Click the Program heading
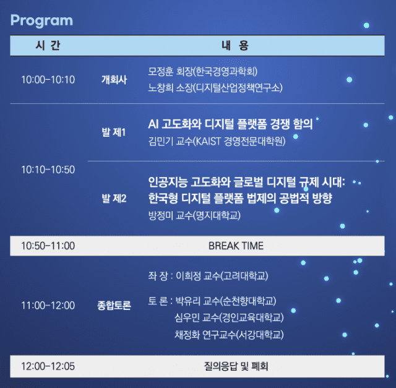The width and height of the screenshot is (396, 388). tap(41, 20)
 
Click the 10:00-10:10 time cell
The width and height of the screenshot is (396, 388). tap(48, 79)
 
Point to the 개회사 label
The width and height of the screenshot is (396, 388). tap(114, 79)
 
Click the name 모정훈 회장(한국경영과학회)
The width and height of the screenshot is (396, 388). tap(204, 71)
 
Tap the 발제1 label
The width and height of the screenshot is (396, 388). tap(114, 132)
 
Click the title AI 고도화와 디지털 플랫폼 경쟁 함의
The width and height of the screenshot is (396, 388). tap(230, 123)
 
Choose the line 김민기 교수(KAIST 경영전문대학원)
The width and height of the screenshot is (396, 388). tap(217, 141)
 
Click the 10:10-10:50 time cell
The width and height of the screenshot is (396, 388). tap(48, 170)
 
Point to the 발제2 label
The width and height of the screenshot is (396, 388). tap(114, 199)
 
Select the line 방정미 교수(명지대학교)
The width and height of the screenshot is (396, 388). tap(194, 216)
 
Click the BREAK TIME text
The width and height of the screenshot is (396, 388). tap(236, 246)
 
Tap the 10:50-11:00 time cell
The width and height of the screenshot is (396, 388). tap(48, 246)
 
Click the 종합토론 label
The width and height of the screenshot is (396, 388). tap(114, 305)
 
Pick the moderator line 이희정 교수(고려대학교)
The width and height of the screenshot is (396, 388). tap(222, 275)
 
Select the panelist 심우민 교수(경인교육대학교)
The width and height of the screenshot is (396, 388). tap(229, 318)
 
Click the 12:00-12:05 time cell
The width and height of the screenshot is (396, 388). tap(48, 366)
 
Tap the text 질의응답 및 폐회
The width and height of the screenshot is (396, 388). tap(236, 366)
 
